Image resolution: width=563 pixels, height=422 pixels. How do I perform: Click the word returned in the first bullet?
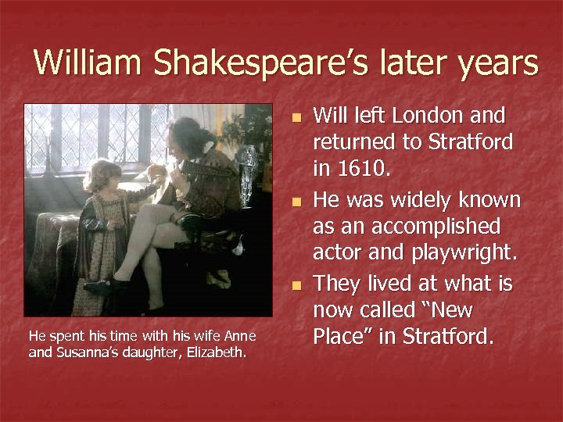tap(358, 143)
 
